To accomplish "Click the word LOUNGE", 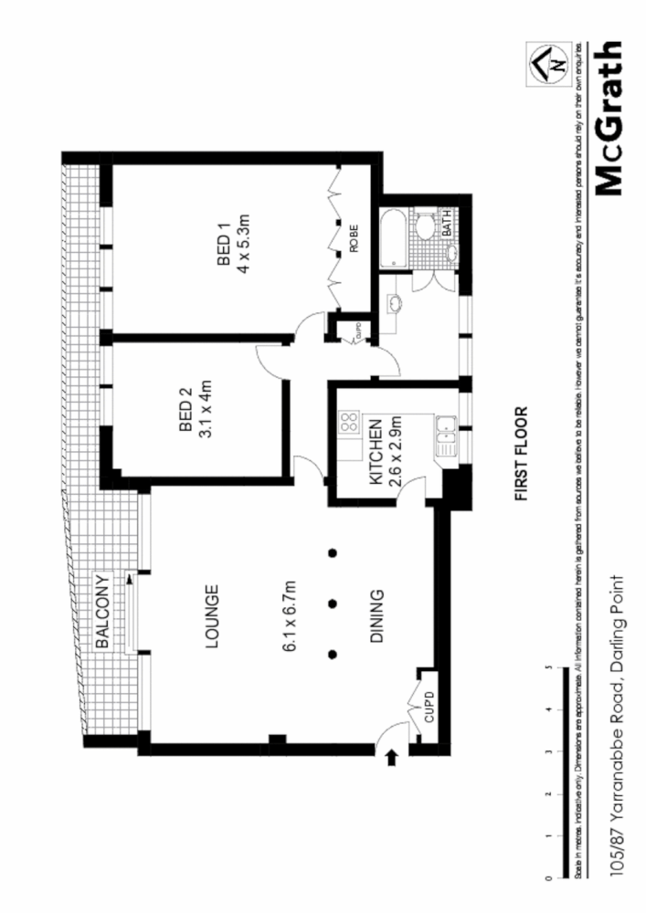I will coord(211,617).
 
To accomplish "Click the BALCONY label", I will coord(103,611).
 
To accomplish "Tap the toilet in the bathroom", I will coord(425,226).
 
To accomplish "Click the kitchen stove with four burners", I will coord(349,422).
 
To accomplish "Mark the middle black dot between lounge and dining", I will coord(334,603).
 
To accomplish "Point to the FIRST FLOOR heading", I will coord(522,454).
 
